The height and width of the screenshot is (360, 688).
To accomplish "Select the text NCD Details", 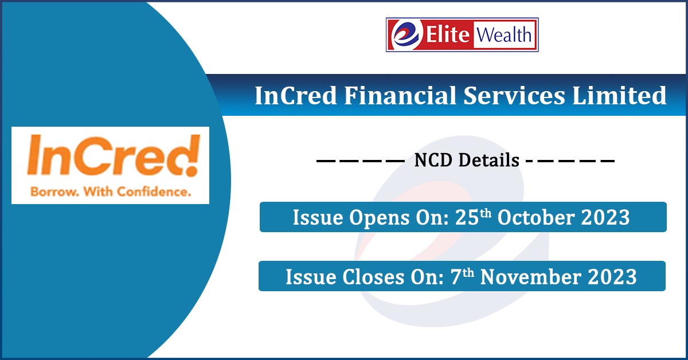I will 467,161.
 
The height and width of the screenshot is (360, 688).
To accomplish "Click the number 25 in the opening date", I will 463,218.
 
